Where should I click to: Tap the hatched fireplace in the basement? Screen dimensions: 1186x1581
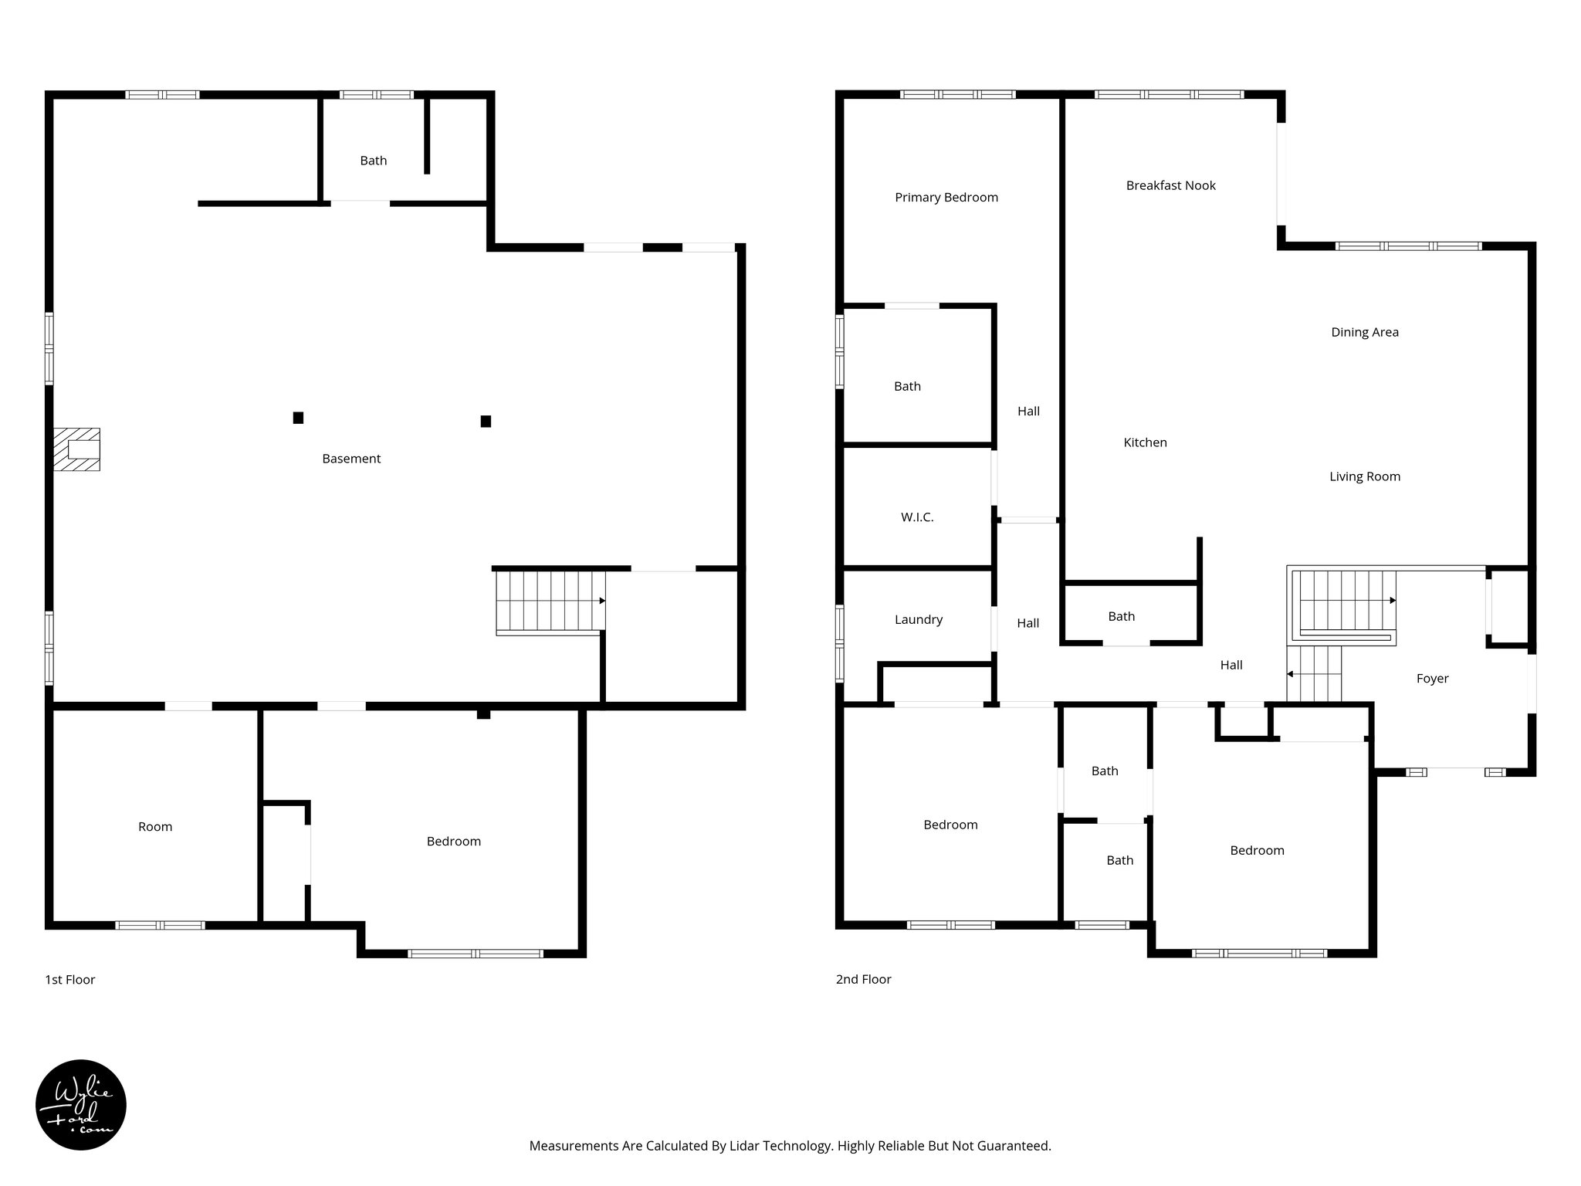[76, 449]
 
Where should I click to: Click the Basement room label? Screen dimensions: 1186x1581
[351, 459]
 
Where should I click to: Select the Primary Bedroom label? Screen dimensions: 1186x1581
[946, 198]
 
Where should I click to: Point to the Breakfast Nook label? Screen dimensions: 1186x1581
[1170, 185]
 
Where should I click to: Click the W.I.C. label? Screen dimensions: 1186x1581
[917, 517]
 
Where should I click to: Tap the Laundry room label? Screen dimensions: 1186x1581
[919, 619]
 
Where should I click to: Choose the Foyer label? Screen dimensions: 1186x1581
[1432, 679]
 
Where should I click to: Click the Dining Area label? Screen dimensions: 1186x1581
[1364, 332]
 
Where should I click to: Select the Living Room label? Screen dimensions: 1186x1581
[1364, 476]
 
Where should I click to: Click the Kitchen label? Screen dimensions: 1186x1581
[1145, 442]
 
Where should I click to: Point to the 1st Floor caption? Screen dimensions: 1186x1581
[70, 980]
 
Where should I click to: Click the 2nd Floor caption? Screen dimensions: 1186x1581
[863, 979]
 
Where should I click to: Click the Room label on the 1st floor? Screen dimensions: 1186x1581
[155, 827]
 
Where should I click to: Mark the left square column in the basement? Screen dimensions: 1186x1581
[298, 418]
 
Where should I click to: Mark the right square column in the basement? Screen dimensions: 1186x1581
[486, 421]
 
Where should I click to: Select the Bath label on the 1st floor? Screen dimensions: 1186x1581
[373, 161]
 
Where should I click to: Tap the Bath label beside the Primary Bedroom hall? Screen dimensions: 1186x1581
[907, 386]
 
